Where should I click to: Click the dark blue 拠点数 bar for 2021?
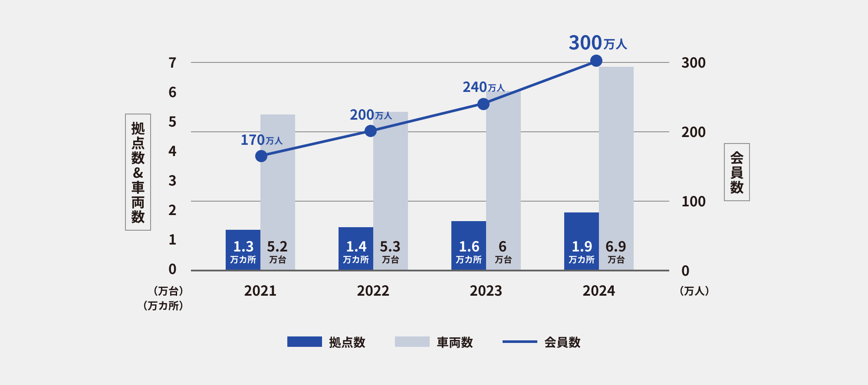[243, 250]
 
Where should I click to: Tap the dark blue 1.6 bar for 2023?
[469, 245]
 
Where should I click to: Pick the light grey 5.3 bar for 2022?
[391, 191]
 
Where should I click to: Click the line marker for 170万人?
[261, 156]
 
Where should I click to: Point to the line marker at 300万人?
[596, 61]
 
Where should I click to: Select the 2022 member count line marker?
[371, 131]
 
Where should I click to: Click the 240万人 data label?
[483, 87]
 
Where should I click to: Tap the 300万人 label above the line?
[598, 43]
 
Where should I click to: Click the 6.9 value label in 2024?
[616, 247]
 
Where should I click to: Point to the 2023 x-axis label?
[486, 291]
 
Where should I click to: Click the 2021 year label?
[260, 291]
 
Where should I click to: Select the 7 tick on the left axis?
[173, 63]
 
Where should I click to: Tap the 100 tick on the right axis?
[694, 202]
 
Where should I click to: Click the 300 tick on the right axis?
[694, 63]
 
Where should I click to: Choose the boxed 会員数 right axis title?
[737, 172]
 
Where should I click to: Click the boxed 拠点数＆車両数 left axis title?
[138, 172]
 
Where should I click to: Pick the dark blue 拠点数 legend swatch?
[305, 342]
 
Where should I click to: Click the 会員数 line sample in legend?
[520, 342]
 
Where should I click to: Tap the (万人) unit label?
[694, 291]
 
